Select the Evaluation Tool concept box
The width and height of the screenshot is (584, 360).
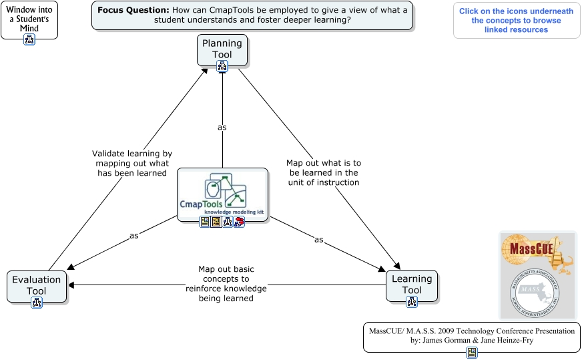37,285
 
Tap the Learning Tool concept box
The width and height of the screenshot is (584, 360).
412,284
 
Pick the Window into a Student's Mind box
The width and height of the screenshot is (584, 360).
29,17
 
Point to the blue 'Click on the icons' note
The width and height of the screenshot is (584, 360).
516,20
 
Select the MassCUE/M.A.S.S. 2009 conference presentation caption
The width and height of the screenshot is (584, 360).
472,335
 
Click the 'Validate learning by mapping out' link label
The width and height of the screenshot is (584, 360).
131,163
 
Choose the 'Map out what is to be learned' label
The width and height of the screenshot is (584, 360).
324,172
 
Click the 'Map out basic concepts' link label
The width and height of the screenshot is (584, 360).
226,284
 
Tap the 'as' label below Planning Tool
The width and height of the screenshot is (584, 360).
222,126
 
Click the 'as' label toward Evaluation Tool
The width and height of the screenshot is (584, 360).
134,236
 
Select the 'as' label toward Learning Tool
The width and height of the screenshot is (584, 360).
318,239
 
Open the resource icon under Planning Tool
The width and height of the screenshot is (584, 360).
222,65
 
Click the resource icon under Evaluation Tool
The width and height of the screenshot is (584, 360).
37,303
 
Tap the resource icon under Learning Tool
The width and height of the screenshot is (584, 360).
412,302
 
